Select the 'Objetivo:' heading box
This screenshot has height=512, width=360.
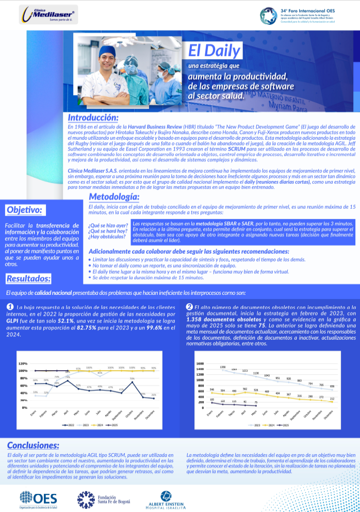coord(25,209)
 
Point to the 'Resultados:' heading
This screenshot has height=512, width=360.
coord(28,279)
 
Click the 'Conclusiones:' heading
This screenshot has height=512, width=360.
coord(33,445)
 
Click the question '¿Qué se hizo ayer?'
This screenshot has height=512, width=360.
coord(108,226)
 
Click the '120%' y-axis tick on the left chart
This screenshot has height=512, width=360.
coord(23,349)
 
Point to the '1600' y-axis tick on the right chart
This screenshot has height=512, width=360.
coord(200,349)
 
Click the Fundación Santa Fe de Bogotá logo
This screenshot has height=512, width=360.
coord(101,499)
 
